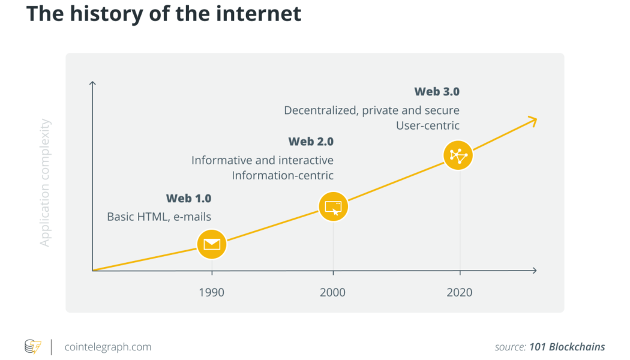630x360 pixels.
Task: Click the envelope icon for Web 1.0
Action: click(212, 244)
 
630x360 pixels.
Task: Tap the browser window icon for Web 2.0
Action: click(333, 207)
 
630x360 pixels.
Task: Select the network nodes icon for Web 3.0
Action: click(458, 155)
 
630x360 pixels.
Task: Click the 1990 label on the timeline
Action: click(211, 293)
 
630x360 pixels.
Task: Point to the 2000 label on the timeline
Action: click(332, 293)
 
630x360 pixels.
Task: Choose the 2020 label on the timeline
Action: click(460, 293)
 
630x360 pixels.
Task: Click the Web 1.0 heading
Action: click(188, 199)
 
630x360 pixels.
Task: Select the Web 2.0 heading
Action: click(311, 142)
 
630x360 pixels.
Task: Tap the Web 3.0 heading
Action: click(437, 92)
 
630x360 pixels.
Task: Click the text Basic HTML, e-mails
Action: click(159, 217)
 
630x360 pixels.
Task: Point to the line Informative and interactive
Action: click(262, 160)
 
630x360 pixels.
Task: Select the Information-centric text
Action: click(283, 175)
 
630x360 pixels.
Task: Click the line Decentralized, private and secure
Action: click(371, 110)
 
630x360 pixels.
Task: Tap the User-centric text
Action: click(428, 125)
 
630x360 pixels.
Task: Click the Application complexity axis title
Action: click(46, 183)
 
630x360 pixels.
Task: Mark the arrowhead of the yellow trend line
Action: click(532, 121)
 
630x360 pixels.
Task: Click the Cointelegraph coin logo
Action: click(33, 347)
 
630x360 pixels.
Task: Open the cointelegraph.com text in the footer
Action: click(107, 347)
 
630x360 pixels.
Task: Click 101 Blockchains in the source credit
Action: click(567, 347)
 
